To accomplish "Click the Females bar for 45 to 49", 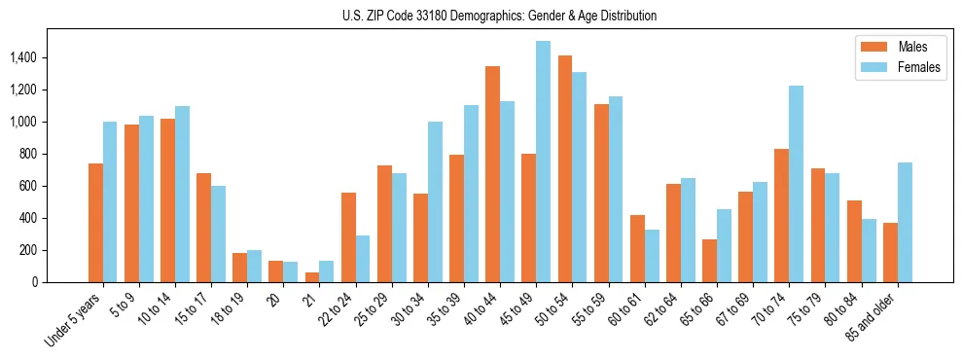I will (543, 162).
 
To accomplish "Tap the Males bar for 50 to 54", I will (564, 169).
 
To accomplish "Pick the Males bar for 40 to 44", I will (492, 174).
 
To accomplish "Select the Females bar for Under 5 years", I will (110, 201).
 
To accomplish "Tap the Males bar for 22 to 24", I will (348, 237).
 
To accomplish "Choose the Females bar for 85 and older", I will (905, 222).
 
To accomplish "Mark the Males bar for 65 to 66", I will (709, 261).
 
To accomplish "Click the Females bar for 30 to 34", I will (435, 201).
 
